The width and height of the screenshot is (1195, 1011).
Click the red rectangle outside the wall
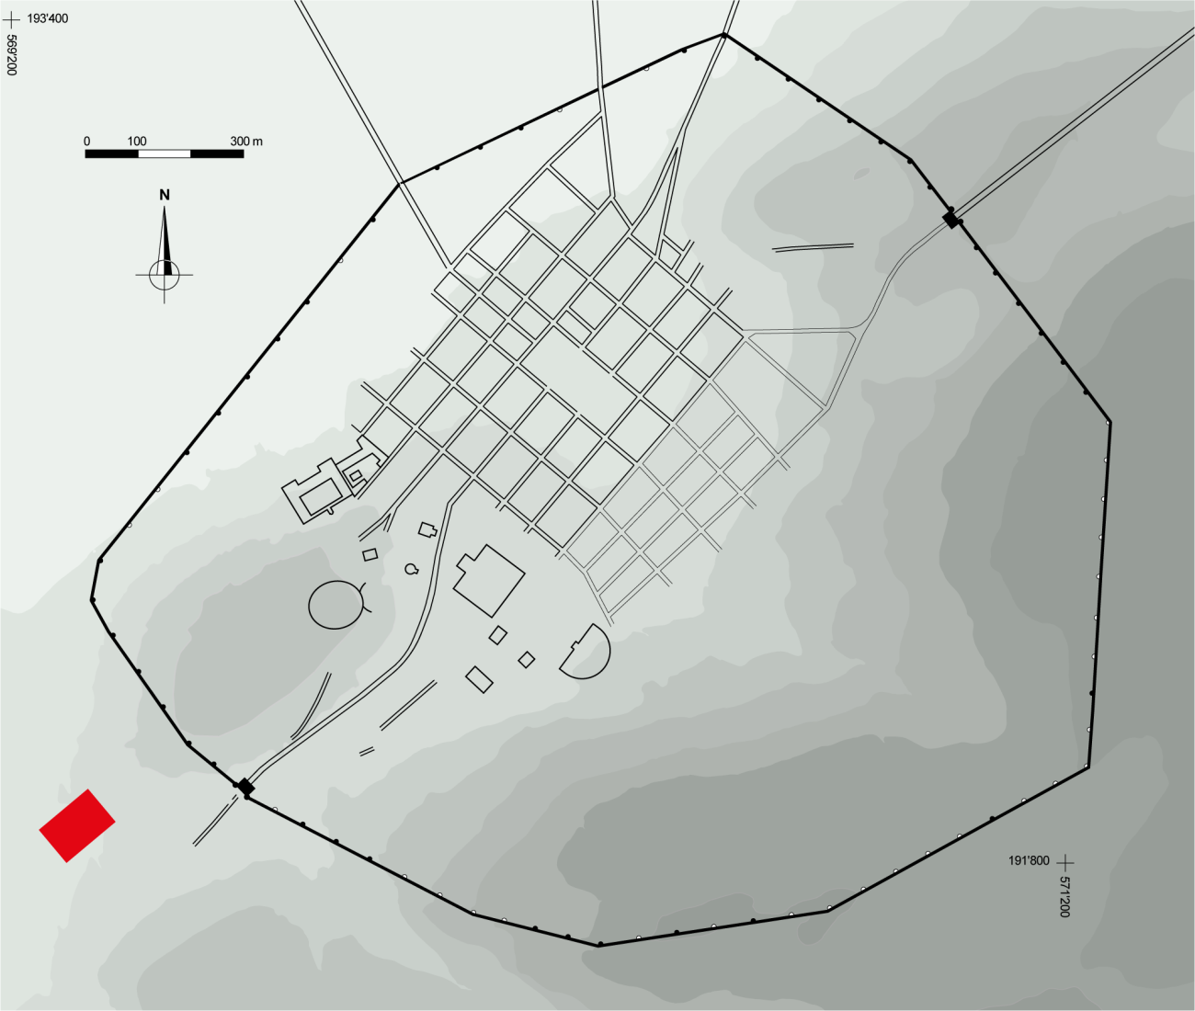(77, 825)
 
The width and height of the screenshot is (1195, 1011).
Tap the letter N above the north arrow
(165, 196)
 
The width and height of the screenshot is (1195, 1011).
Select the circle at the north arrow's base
(165, 275)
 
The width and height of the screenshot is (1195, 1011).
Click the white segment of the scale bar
(165, 153)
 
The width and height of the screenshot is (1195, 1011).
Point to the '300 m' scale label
(246, 141)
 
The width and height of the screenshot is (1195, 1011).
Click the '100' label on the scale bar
(137, 141)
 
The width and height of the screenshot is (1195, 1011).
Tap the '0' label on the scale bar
(86, 141)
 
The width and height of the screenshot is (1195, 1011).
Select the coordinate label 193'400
(48, 19)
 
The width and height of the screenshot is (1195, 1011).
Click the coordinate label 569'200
(11, 54)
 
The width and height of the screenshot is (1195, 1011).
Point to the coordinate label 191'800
(1029, 860)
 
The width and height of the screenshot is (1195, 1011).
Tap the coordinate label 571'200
(1064, 896)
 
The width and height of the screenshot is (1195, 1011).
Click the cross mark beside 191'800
(1065, 863)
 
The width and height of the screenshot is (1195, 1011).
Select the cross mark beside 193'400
(11, 20)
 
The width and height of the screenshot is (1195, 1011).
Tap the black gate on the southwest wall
(246, 786)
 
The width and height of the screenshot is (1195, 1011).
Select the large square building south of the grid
(489, 580)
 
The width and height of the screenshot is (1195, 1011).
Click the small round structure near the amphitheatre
(411, 569)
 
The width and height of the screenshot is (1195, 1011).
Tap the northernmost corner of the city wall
(723, 35)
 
